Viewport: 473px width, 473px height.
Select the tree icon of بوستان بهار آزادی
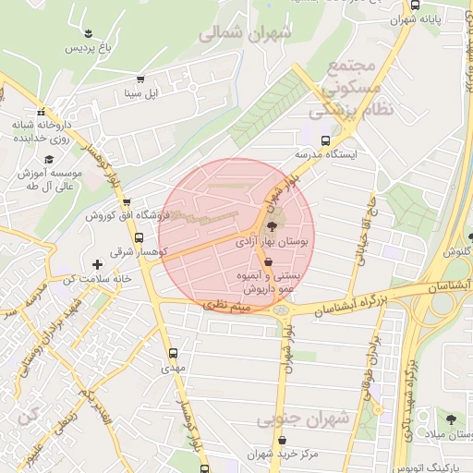(272, 226)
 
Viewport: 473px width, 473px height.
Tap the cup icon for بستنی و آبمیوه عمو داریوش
(268, 262)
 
